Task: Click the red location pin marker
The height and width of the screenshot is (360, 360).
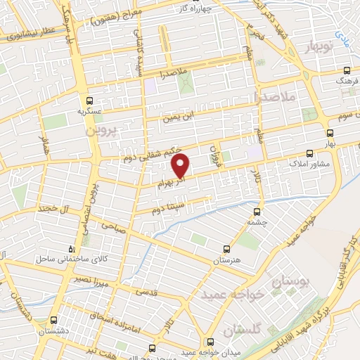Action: tap(181, 166)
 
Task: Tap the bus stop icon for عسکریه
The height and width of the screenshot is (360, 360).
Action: tap(90, 100)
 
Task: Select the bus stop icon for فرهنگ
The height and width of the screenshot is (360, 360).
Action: tap(347, 70)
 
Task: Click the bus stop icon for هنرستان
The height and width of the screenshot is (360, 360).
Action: tap(226, 248)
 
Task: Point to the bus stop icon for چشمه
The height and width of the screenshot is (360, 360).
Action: tap(257, 210)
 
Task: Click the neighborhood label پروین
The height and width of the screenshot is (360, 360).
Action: tap(100, 131)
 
